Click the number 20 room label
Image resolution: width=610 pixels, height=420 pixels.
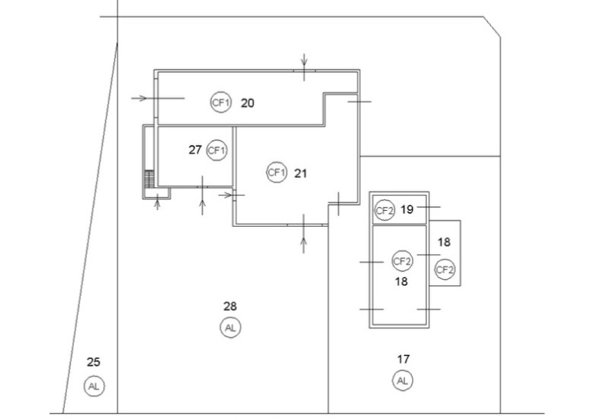(x=247, y=103)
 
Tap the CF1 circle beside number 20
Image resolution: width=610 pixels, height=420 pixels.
(x=220, y=102)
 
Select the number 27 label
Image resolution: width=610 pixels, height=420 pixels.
(x=195, y=150)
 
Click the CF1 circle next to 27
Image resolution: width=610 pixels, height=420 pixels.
(x=217, y=150)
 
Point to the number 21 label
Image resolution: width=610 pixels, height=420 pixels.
(x=300, y=173)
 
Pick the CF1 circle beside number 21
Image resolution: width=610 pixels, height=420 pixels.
(x=277, y=172)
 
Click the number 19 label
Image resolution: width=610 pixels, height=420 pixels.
(x=406, y=209)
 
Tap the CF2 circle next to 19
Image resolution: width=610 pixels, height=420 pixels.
(x=384, y=211)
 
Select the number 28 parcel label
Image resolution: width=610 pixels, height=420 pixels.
(x=230, y=307)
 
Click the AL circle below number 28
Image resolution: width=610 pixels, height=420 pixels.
(x=230, y=328)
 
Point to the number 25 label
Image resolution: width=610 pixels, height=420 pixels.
(x=93, y=362)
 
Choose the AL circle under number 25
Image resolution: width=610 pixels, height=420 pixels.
(x=94, y=386)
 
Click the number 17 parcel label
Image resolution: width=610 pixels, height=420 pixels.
(x=403, y=359)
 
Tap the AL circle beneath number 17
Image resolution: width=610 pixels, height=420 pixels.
(x=403, y=380)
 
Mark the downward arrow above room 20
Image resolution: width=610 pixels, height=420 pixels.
(x=303, y=67)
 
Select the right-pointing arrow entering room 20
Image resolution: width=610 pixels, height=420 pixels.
(x=158, y=99)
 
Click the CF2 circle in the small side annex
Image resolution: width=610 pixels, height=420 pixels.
(x=445, y=270)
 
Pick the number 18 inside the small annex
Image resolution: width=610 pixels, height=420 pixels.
(x=444, y=242)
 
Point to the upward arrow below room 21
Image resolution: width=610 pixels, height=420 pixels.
(x=303, y=234)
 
